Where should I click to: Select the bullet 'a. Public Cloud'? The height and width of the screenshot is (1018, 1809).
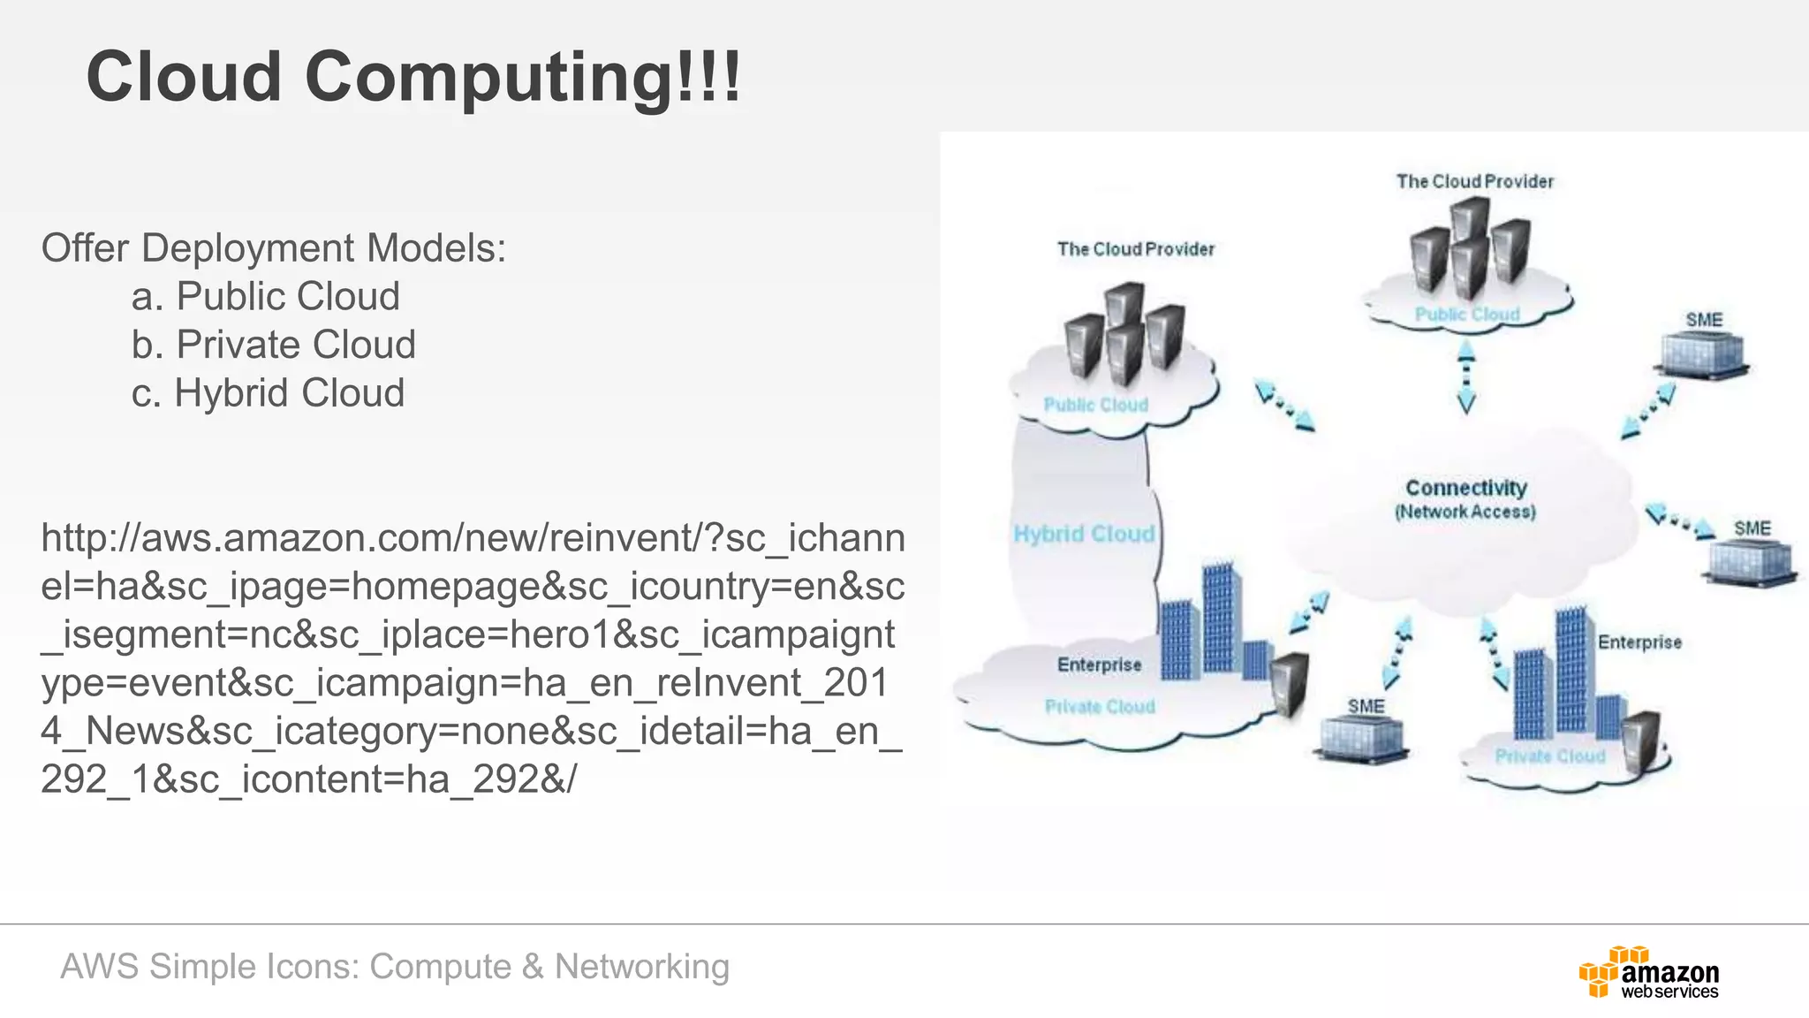pos(265,296)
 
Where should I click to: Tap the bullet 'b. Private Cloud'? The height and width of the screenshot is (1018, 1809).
pos(273,345)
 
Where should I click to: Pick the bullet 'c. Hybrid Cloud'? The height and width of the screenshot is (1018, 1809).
pos(268,393)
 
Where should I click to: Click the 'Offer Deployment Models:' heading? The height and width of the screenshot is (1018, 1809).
pos(274,248)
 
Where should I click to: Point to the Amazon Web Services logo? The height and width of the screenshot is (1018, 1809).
pos(1648,973)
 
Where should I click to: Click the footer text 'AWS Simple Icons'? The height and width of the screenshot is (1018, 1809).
pos(209,967)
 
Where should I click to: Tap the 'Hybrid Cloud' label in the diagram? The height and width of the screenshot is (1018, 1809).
pos(1084,534)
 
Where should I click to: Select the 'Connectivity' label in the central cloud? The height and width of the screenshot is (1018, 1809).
pos(1466,488)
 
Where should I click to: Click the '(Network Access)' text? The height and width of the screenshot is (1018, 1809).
pos(1465,513)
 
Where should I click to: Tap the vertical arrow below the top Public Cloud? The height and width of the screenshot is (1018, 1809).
pos(1466,377)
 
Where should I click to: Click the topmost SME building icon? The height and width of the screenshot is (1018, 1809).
pos(1702,354)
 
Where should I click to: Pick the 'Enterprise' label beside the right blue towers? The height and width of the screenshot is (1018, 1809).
pos(1639,642)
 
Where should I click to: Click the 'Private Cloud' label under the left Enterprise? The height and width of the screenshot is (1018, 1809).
pos(1100,707)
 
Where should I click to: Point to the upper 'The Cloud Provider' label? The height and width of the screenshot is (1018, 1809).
pos(1474,181)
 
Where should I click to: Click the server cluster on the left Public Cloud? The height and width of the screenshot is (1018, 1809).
pos(1123,331)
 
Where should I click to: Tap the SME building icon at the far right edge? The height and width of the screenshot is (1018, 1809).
pos(1751,559)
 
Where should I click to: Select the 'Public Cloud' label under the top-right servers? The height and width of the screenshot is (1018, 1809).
pos(1467,315)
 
